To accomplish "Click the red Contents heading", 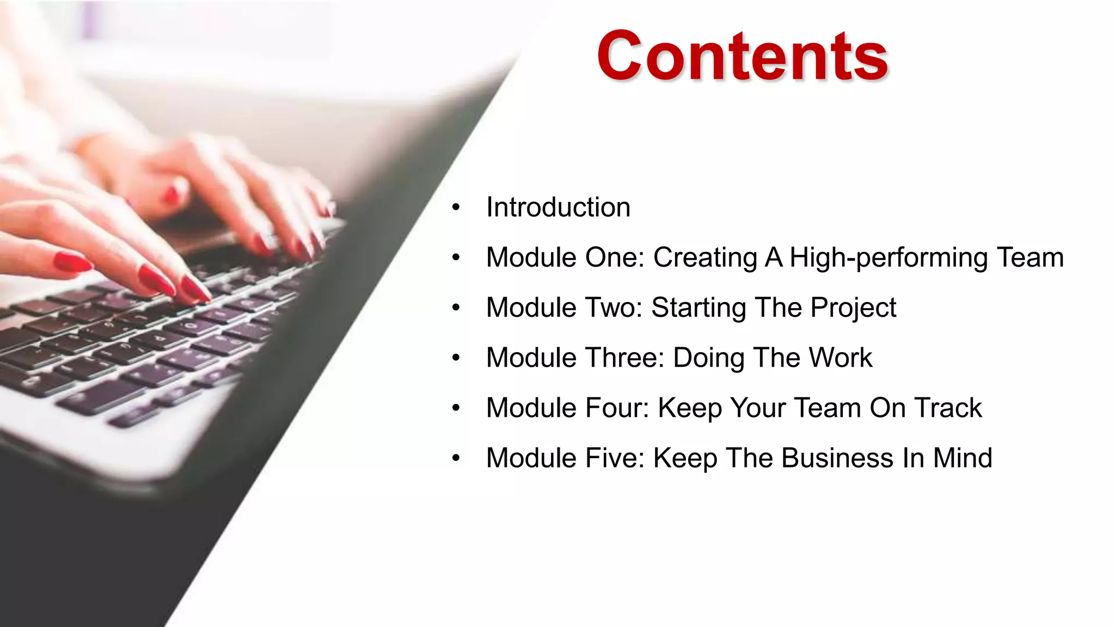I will [x=743, y=56].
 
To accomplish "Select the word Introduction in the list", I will [x=558, y=207].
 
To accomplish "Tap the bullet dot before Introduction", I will [x=456, y=207].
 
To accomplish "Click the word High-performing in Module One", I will [x=889, y=257].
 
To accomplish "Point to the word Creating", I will [x=705, y=257].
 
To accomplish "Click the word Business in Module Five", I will [x=837, y=458].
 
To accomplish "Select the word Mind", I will [x=962, y=458].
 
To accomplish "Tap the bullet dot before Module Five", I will [x=456, y=458].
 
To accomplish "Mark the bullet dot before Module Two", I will [x=456, y=308].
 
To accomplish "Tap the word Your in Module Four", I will [x=757, y=408].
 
